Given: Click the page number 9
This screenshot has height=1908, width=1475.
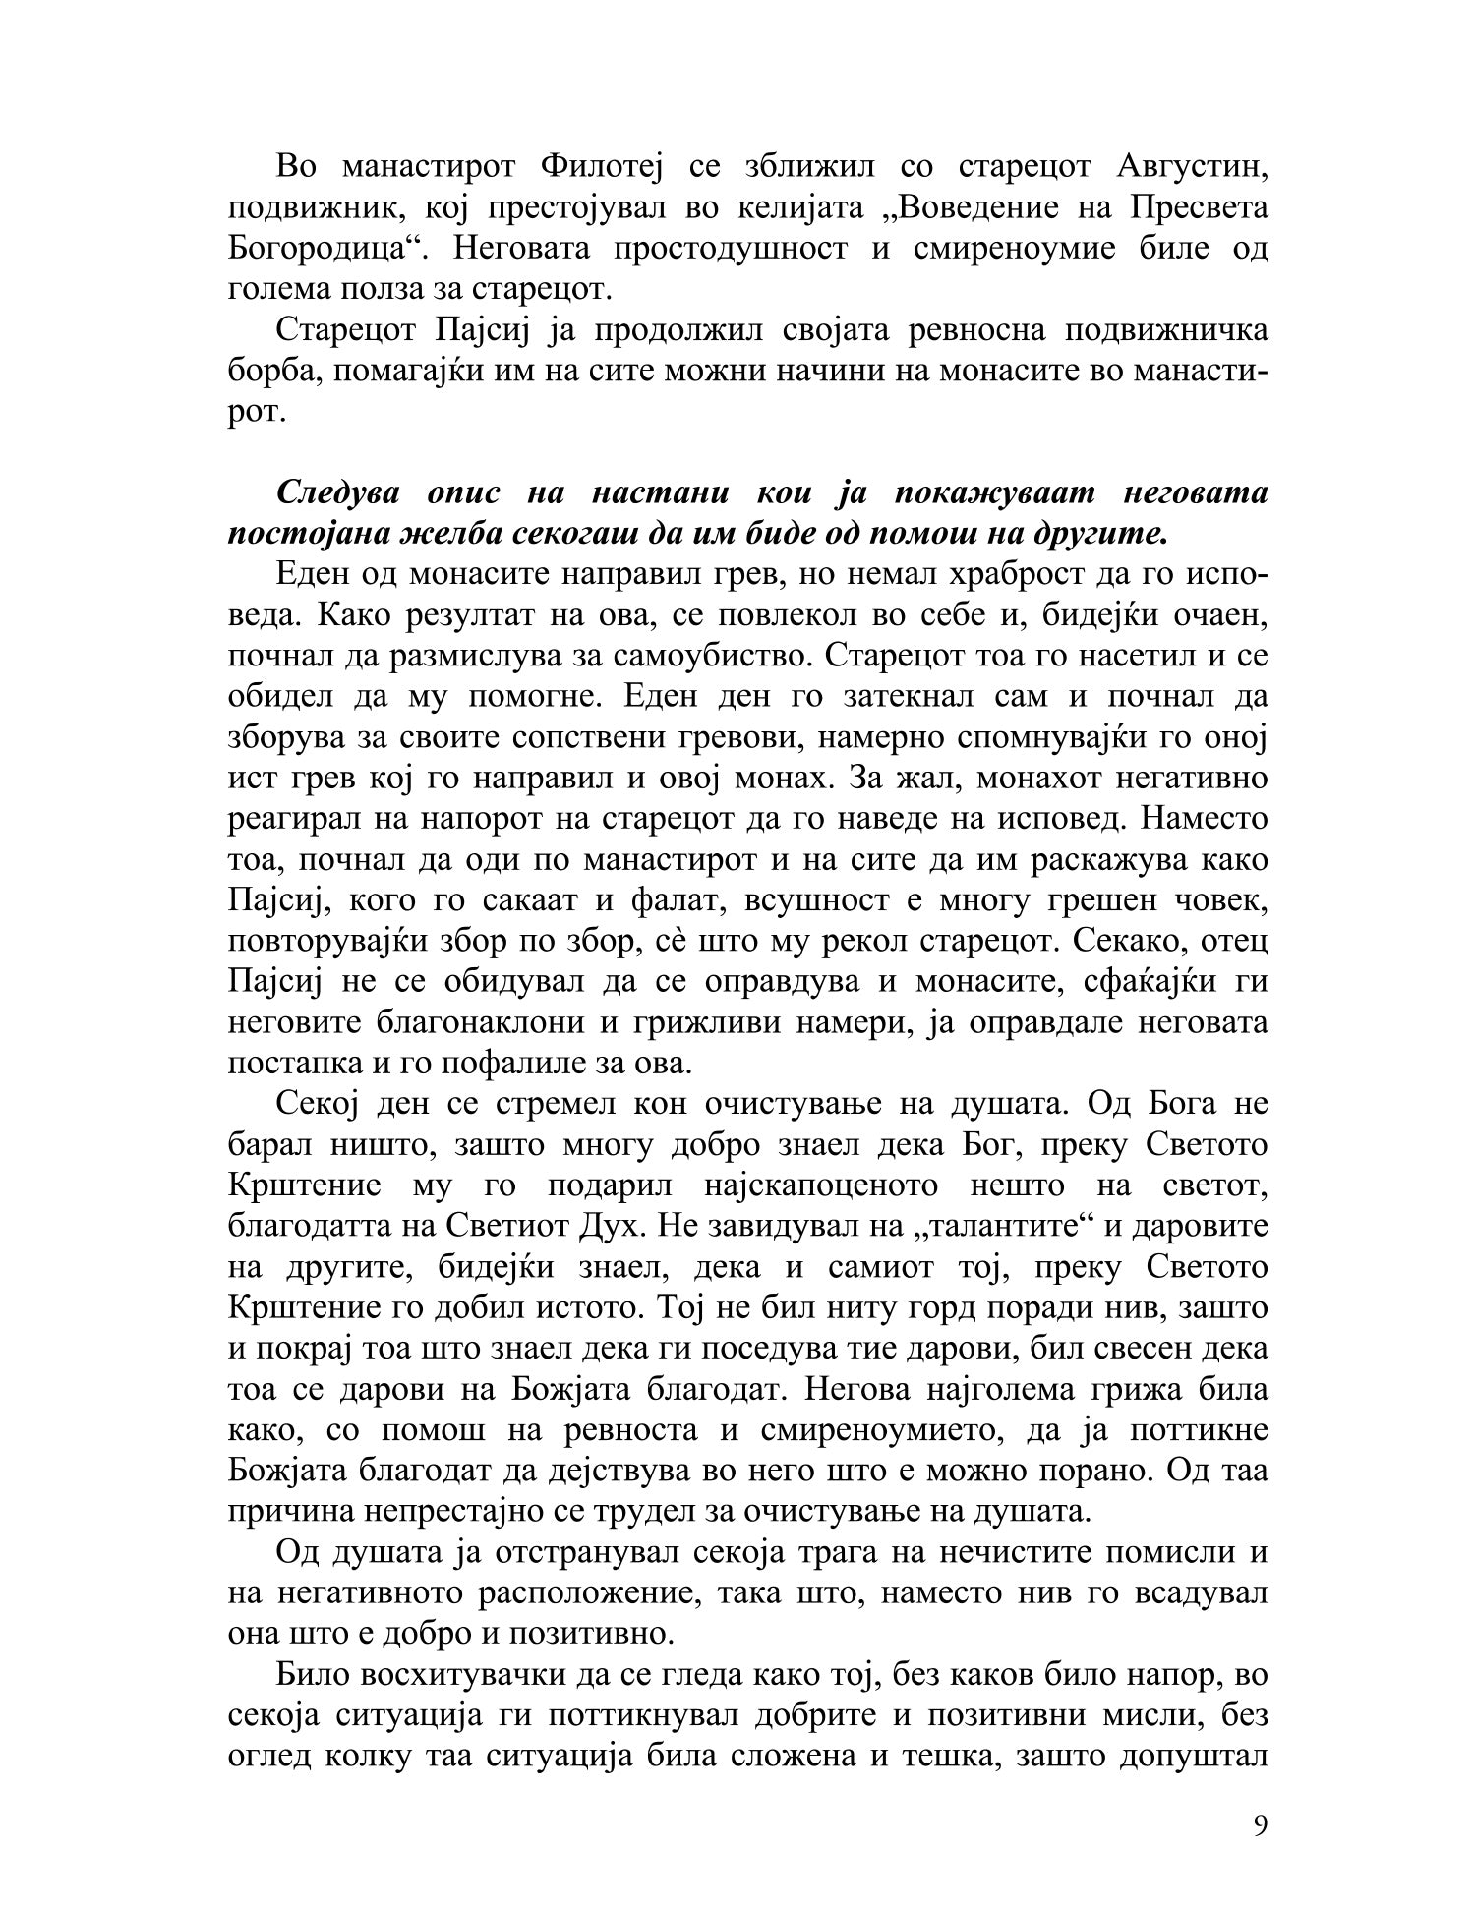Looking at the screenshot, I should [x=1261, y=1825].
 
